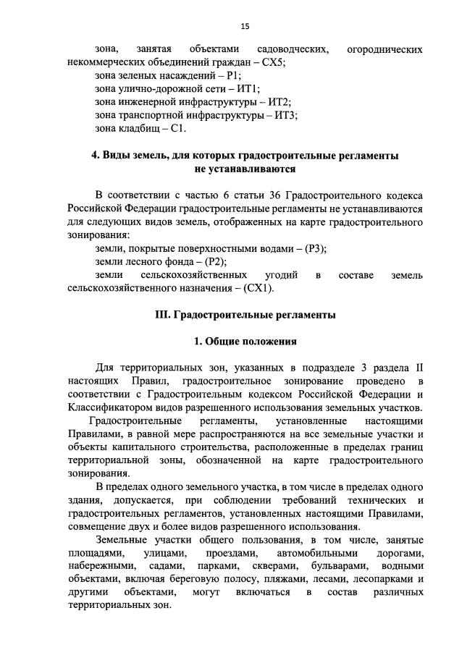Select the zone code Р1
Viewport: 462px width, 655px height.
pyautogui.click(x=234, y=75)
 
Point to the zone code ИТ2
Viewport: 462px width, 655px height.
pyautogui.click(x=278, y=102)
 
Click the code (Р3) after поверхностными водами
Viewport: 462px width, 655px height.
pyautogui.click(x=314, y=248)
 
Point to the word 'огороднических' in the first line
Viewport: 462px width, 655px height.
pyautogui.click(x=385, y=49)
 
